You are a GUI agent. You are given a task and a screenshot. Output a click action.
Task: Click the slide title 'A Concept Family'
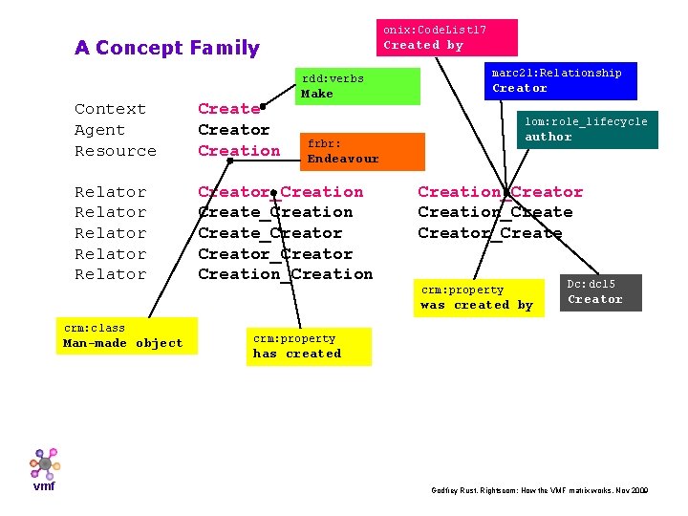point(167,48)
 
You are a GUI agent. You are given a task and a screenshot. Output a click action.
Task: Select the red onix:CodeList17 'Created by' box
point(445,37)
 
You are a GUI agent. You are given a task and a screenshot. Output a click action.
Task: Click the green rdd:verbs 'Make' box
point(356,86)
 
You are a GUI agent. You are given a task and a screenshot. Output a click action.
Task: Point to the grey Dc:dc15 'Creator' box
point(600,291)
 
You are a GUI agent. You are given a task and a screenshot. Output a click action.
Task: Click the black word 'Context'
point(110,109)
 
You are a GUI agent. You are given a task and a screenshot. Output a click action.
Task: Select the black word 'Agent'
point(99,130)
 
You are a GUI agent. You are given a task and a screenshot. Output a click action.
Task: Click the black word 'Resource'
point(115,151)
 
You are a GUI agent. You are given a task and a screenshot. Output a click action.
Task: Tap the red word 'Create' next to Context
point(228,109)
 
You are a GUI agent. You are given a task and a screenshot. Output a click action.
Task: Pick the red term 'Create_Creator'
point(269,233)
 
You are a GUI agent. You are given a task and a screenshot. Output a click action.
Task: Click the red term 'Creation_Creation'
point(285,274)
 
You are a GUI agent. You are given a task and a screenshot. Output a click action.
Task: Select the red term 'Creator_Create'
point(489,233)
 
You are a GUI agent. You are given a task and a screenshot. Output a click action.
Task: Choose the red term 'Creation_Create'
point(495,212)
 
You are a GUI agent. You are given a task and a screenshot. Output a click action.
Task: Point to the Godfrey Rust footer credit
point(540,489)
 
